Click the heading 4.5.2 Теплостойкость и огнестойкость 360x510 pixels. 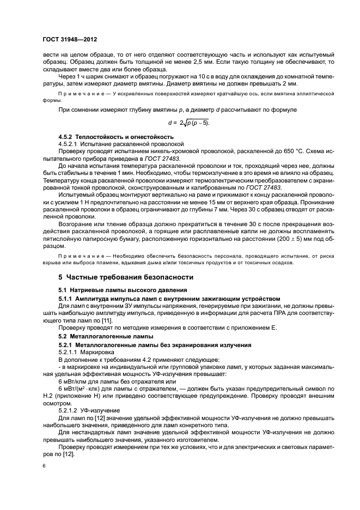pos(116,136)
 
